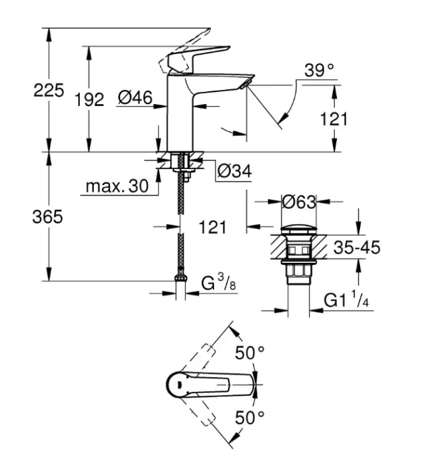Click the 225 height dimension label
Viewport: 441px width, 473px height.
(49, 90)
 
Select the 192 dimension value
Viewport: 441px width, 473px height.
(88, 99)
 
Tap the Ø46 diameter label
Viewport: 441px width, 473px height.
(134, 99)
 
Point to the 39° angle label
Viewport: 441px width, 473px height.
(319, 70)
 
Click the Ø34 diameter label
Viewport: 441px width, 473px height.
(234, 173)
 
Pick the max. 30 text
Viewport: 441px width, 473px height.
(116, 186)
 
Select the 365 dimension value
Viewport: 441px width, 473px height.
(49, 217)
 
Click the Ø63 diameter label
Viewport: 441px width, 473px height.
(299, 201)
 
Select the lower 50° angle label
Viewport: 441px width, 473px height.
(249, 417)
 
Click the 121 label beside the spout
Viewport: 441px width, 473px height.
(333, 119)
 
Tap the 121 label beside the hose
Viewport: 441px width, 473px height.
(212, 227)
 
